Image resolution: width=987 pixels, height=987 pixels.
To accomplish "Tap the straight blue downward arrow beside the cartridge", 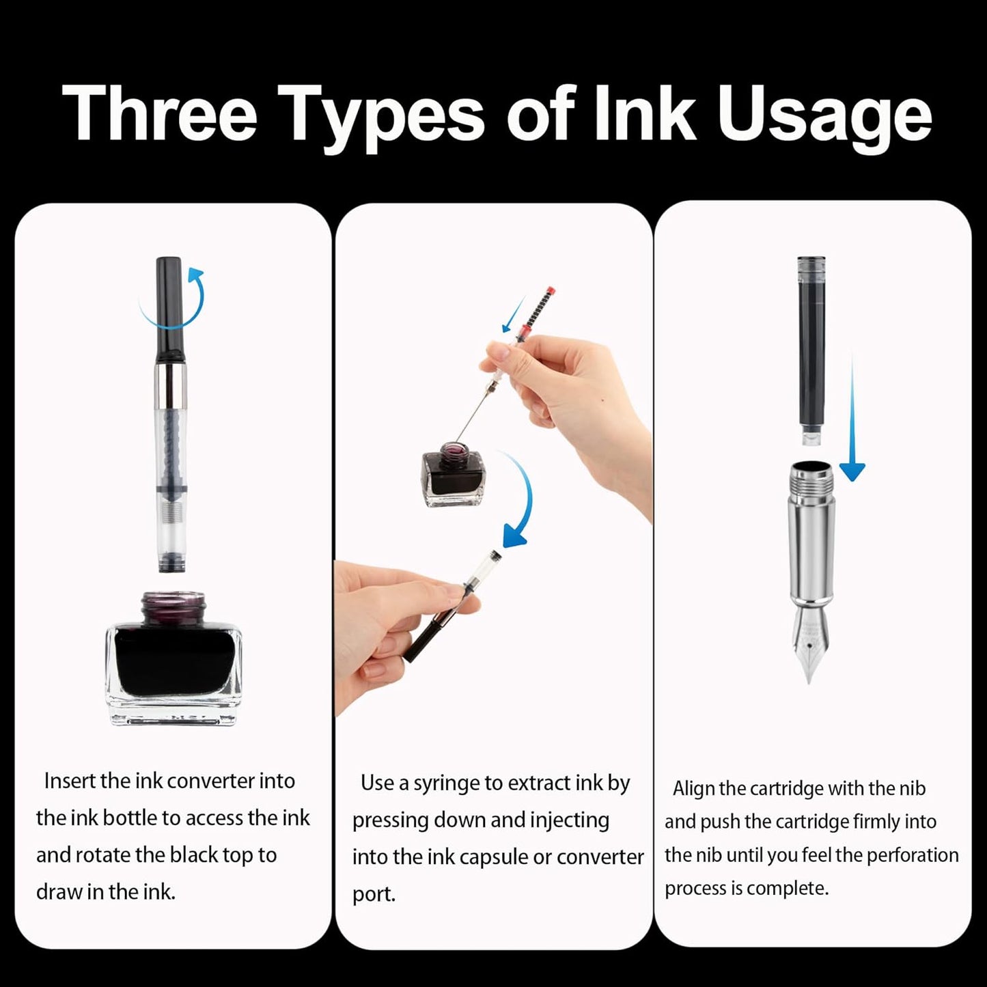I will [x=852, y=423].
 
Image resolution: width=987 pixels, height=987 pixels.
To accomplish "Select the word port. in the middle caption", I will [x=374, y=895].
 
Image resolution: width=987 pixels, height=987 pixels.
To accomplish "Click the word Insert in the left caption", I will [x=70, y=781].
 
